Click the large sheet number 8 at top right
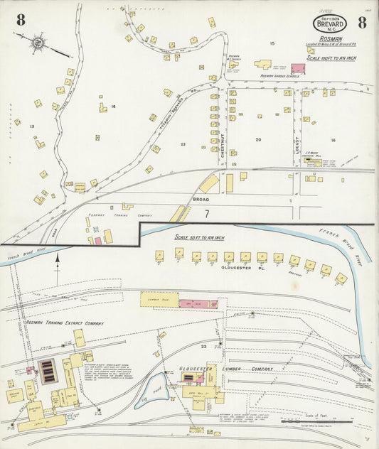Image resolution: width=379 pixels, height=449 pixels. [363, 21]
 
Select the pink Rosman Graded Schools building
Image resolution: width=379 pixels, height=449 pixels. [297, 68]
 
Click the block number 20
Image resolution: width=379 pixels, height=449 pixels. [258, 140]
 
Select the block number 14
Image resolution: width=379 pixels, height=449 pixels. [112, 107]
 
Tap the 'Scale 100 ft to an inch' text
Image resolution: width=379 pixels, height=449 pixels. [331, 57]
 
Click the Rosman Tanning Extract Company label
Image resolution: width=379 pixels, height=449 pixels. [65, 323]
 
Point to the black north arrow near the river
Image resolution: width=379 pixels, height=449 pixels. [58, 264]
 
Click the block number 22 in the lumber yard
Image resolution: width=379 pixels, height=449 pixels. [203, 347]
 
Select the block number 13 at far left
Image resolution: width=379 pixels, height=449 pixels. [32, 126]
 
